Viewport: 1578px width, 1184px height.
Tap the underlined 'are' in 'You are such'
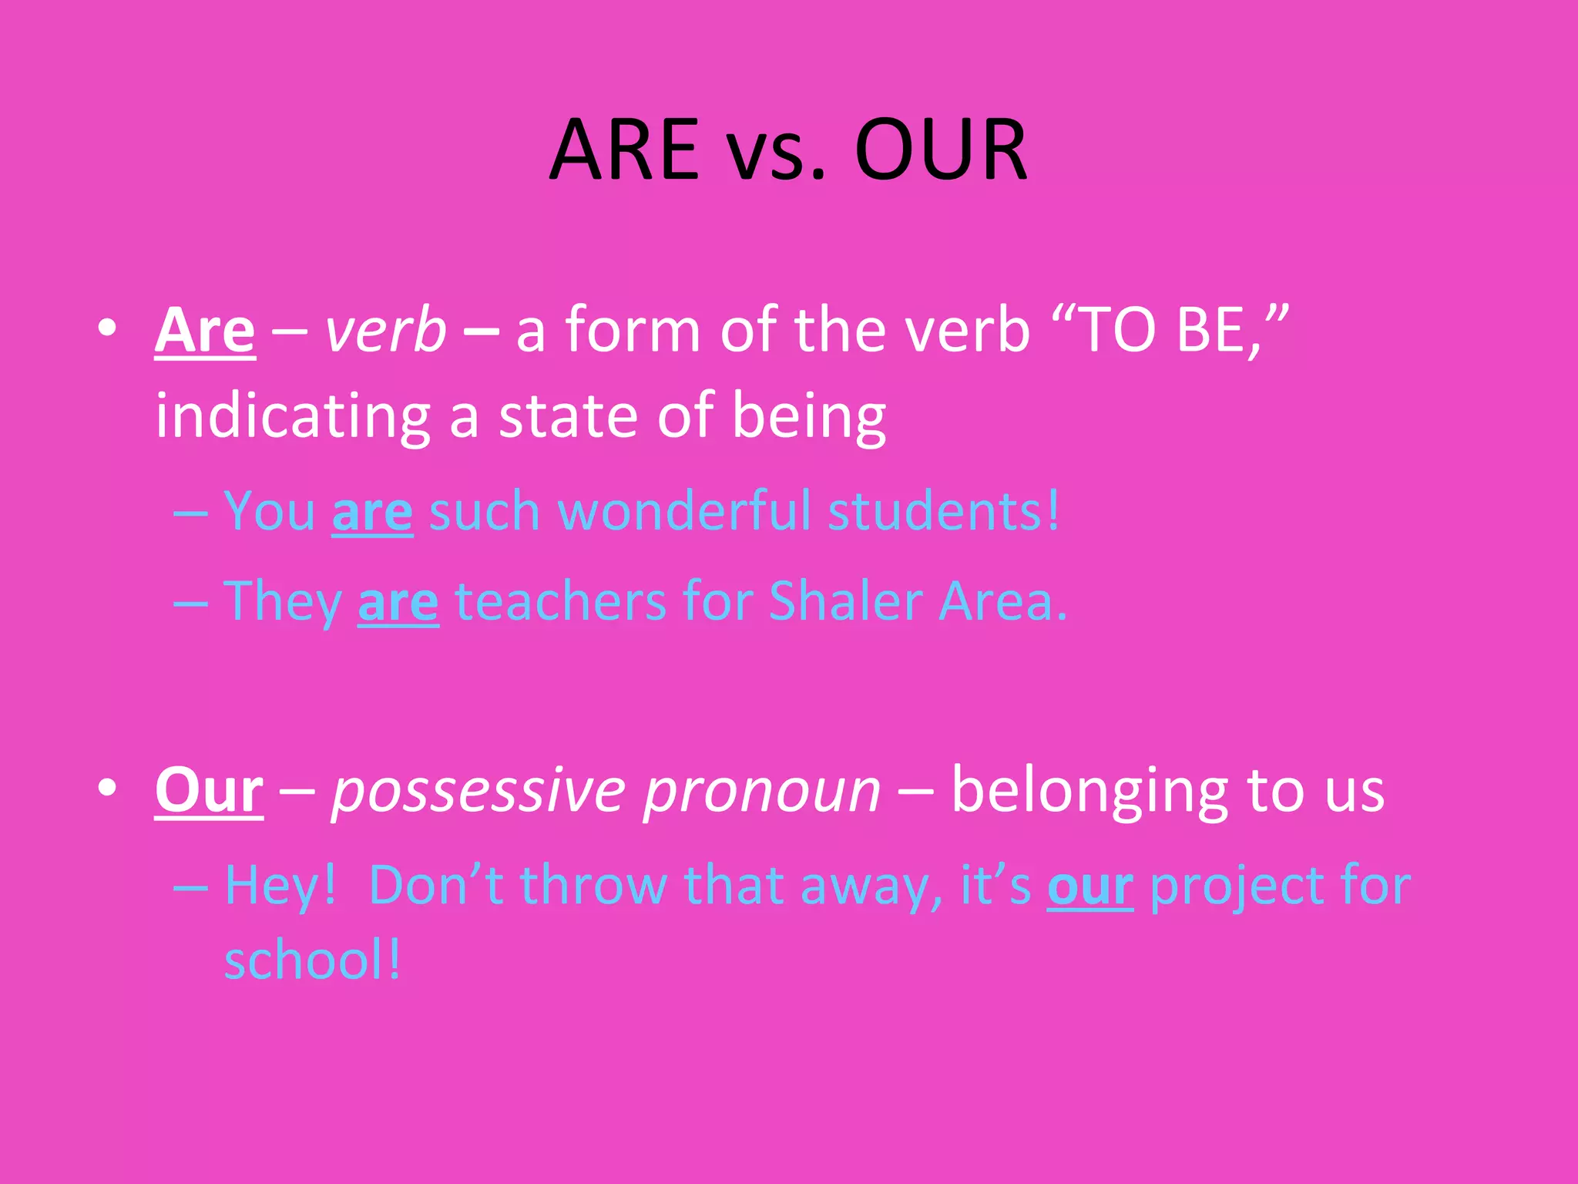[x=372, y=513]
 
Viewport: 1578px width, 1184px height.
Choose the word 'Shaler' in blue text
[x=845, y=601]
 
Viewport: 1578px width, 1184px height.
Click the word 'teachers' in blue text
[x=561, y=601]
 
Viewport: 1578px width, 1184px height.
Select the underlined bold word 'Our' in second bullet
[x=209, y=791]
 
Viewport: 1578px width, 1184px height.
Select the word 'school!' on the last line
[x=313, y=961]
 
